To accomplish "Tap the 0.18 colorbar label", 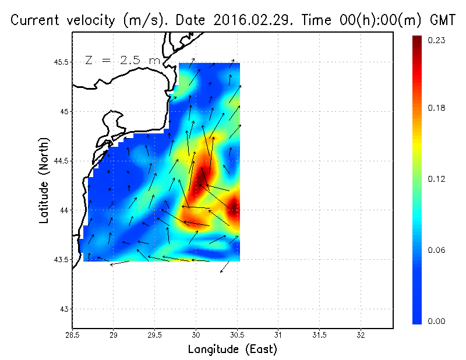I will (436, 108).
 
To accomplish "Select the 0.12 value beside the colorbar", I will (436, 179).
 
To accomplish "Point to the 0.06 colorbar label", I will (436, 250).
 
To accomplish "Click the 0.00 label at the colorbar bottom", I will (436, 321).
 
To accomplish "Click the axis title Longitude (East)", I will (232, 350).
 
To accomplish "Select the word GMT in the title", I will (441, 21).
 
